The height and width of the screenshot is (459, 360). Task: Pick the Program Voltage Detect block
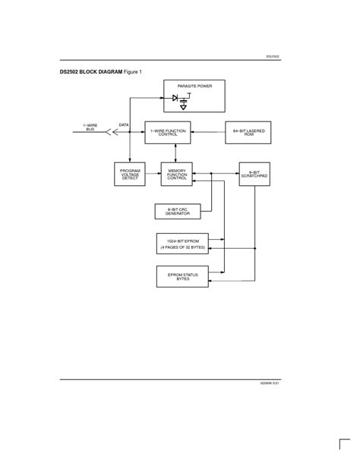tap(130, 174)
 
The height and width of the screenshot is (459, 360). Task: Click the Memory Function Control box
tap(177, 174)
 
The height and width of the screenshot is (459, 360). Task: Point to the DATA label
tap(124, 125)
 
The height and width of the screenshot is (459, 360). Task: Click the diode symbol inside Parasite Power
tap(175, 98)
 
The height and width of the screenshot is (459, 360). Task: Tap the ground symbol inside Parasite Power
tap(183, 106)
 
